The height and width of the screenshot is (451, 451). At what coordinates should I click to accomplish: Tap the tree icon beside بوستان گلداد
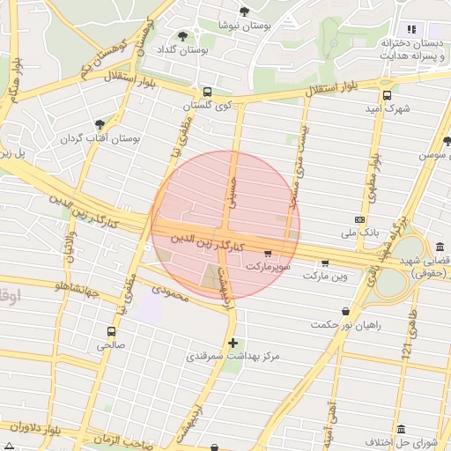(182, 37)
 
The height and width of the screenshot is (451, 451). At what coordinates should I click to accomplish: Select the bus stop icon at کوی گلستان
(207, 92)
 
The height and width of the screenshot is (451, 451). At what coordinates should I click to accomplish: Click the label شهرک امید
(388, 109)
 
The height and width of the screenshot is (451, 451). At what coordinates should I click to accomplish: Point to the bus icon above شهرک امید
(387, 96)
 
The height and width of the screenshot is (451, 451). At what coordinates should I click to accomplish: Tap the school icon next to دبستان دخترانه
(411, 30)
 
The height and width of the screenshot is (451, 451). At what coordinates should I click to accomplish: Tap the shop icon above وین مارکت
(325, 262)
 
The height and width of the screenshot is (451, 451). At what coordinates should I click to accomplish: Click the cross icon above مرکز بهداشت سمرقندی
(233, 342)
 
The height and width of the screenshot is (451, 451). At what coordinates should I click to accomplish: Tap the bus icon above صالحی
(111, 332)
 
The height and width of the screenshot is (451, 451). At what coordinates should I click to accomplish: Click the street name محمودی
(170, 293)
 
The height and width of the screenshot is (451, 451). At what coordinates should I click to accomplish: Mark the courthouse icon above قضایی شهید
(440, 248)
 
